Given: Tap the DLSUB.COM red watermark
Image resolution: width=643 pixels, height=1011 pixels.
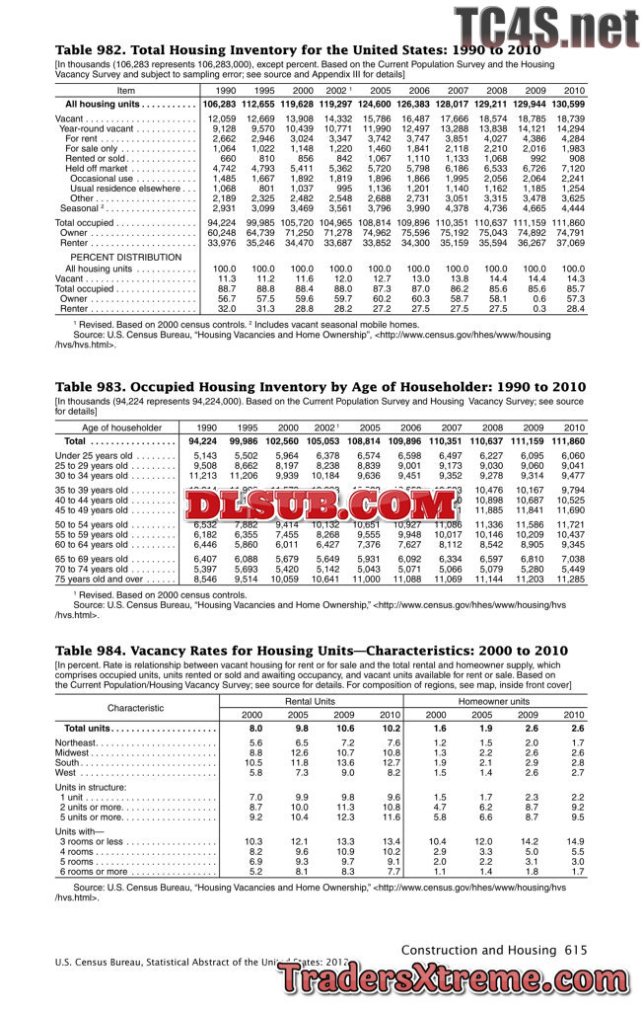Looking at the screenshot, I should (x=321, y=506).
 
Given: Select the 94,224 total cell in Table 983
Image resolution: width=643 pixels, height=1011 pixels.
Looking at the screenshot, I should (x=202, y=440).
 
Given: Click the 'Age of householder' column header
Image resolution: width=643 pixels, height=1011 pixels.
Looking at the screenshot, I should (x=122, y=428).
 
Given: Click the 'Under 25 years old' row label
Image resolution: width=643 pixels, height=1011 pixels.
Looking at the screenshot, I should (x=97, y=455).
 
